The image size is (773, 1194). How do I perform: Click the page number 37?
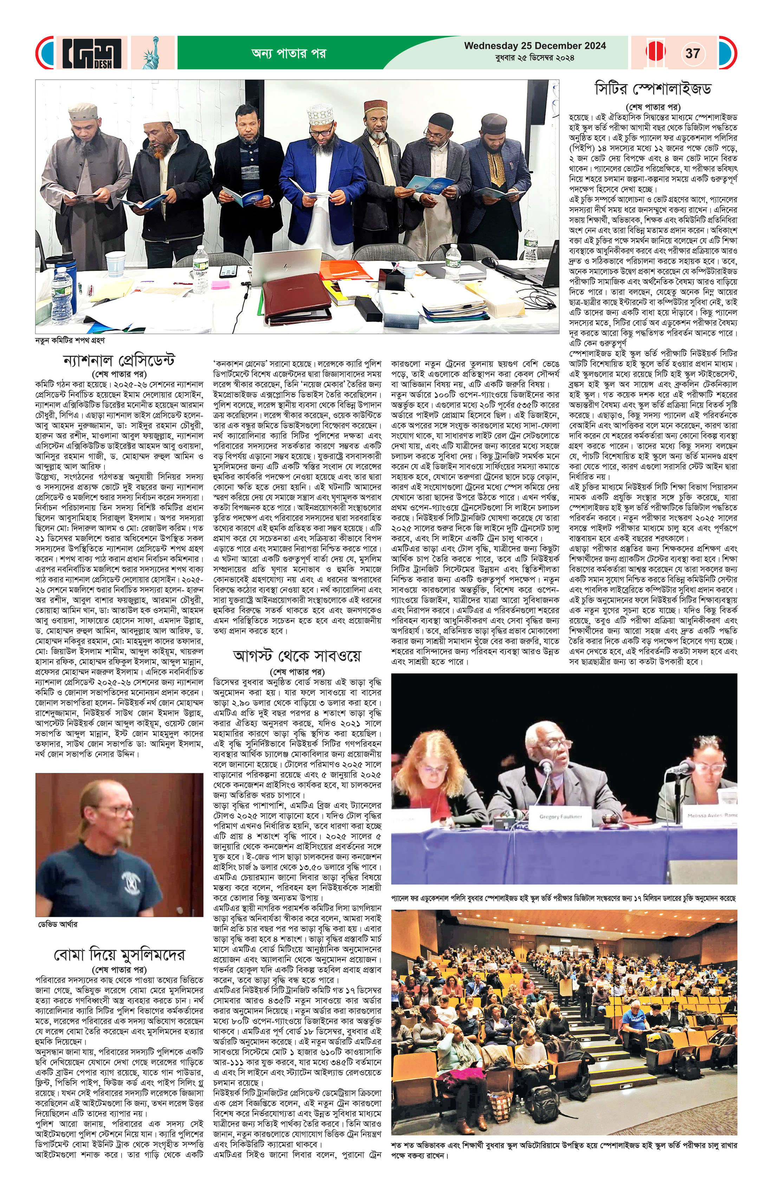click(692, 53)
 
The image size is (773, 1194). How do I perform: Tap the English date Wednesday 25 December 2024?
click(534, 46)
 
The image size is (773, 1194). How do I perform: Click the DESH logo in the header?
click(92, 53)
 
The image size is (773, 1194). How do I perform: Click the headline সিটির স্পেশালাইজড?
click(652, 89)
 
